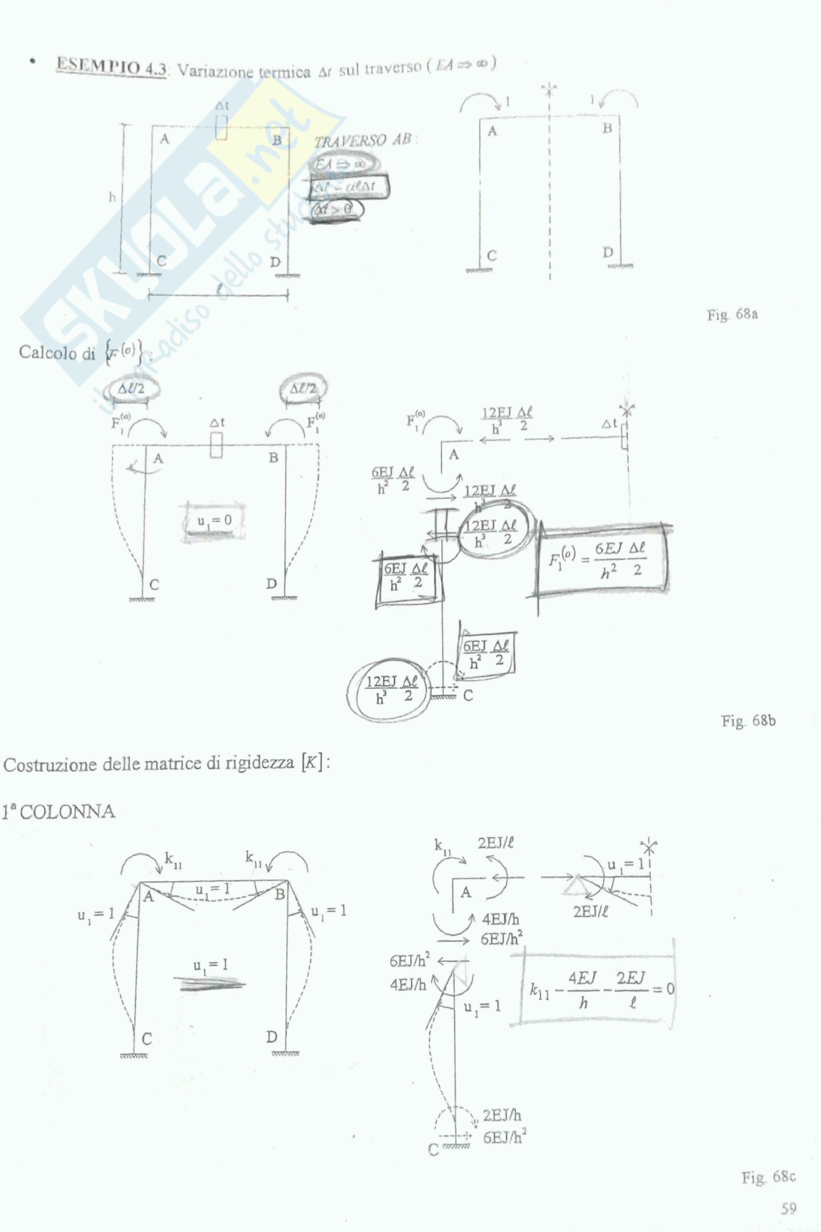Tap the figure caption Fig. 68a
(732, 315)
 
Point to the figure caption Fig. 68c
(768, 1178)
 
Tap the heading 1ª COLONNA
(59, 811)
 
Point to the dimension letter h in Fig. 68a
(112, 197)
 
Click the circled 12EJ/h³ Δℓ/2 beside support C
(391, 689)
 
